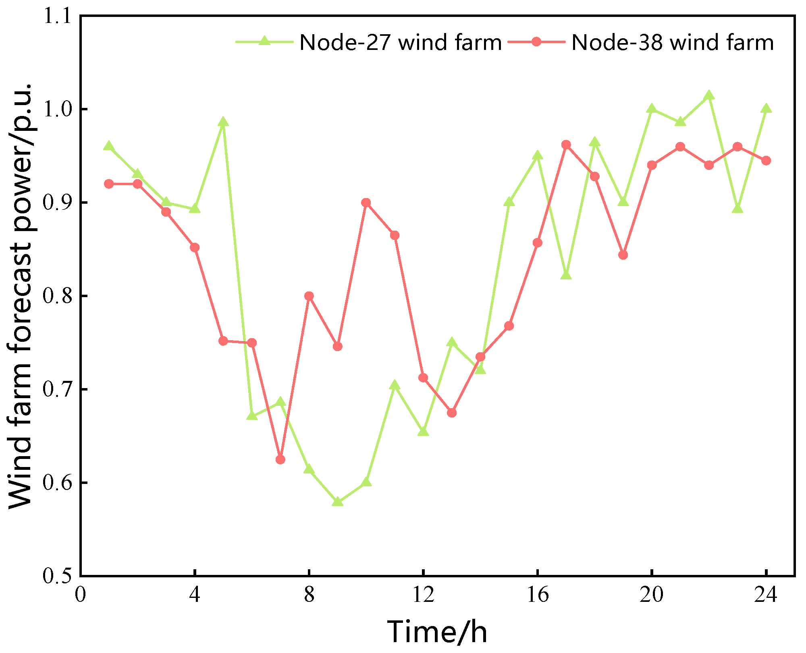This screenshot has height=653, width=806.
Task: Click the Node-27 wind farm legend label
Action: (401, 42)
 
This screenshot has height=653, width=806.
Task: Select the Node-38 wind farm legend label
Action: (673, 42)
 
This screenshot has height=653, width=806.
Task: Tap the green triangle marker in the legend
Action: (264, 41)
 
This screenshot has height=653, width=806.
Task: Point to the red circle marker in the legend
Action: (536, 41)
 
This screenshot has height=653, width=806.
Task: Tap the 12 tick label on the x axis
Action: (423, 595)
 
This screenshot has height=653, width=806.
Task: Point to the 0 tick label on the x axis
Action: (81, 595)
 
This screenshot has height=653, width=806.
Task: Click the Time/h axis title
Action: (437, 632)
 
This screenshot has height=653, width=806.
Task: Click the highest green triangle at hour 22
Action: (709, 95)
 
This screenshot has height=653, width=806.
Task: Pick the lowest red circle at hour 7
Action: (280, 459)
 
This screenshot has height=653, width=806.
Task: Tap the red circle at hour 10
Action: (366, 203)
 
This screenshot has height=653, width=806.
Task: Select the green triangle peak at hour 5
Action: (223, 122)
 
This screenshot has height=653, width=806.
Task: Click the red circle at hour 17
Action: (566, 145)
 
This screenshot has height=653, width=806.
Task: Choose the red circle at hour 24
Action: (766, 161)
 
